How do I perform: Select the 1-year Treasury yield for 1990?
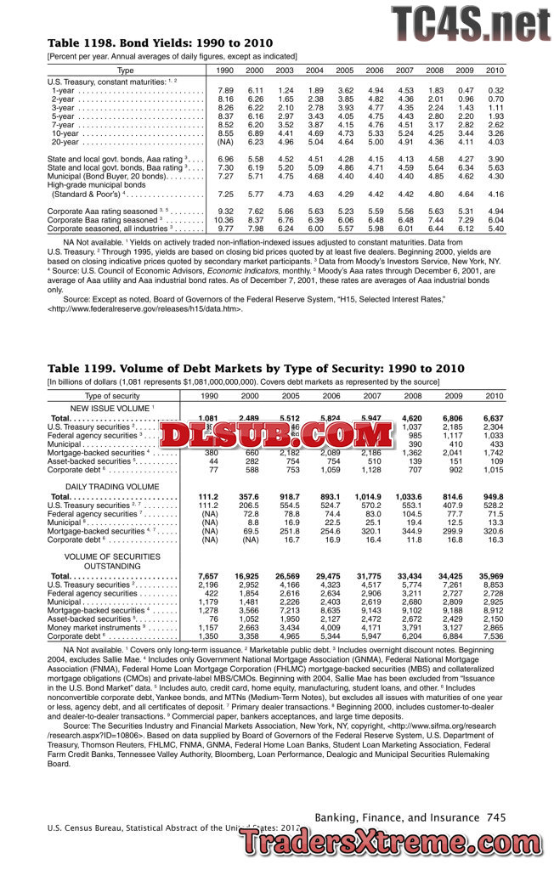(x=225, y=90)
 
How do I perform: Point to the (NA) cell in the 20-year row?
(x=225, y=142)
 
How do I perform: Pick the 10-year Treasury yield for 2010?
(x=495, y=133)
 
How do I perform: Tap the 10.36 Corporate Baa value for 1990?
(x=224, y=219)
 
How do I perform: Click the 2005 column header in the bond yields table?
(x=345, y=71)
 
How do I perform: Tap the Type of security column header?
(x=112, y=396)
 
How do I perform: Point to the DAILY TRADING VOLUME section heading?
(x=112, y=486)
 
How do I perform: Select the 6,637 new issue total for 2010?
(x=493, y=419)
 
